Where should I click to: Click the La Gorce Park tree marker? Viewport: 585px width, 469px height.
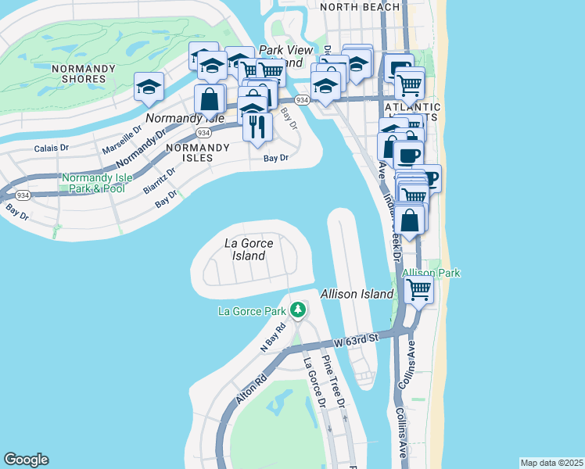click(297, 311)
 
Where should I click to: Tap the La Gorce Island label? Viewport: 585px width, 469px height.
click(249, 249)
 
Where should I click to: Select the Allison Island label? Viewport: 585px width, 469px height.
click(357, 294)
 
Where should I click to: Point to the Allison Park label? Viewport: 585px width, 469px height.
click(431, 273)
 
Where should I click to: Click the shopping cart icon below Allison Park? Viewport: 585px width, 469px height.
click(419, 290)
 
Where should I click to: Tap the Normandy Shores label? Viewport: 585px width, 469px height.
click(79, 73)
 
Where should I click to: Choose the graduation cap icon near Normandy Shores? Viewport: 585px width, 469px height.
click(148, 88)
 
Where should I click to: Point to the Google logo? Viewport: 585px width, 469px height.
click(26, 460)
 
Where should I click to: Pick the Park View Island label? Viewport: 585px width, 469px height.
click(280, 55)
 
